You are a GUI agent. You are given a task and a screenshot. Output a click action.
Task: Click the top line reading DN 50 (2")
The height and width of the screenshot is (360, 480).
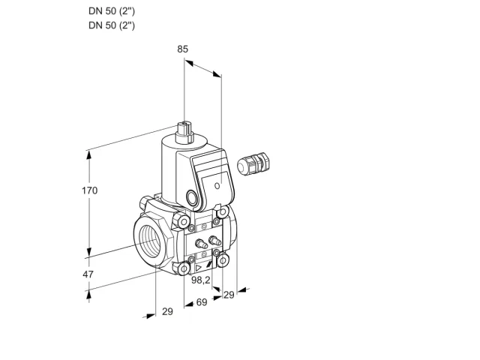112,11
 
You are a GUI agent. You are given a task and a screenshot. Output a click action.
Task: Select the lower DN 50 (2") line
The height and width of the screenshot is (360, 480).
112,25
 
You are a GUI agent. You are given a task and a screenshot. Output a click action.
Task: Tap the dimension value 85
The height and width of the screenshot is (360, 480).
183,49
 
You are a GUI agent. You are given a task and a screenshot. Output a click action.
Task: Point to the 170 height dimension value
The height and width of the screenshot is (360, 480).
90,190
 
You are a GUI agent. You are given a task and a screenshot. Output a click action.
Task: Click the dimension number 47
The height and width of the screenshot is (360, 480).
88,274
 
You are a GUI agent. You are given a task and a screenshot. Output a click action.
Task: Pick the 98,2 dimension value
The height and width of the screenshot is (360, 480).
201,280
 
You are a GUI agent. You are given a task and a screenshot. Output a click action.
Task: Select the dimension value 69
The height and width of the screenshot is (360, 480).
202,302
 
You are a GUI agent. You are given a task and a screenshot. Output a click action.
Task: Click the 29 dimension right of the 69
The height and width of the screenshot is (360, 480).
229,295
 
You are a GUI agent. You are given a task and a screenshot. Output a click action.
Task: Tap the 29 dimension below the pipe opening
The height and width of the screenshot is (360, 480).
167,312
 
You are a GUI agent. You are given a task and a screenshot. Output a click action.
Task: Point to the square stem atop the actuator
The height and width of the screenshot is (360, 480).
184,132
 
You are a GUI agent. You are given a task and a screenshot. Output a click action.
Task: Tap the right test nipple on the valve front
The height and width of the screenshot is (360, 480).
214,240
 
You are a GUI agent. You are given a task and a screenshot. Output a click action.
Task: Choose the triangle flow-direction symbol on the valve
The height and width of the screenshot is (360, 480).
199,268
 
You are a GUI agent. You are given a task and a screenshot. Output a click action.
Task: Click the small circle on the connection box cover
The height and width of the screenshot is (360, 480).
217,186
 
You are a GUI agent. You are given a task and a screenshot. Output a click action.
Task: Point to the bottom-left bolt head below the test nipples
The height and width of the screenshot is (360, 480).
184,269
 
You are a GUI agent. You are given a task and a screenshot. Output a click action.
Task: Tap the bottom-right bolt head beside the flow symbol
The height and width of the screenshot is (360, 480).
223,260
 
